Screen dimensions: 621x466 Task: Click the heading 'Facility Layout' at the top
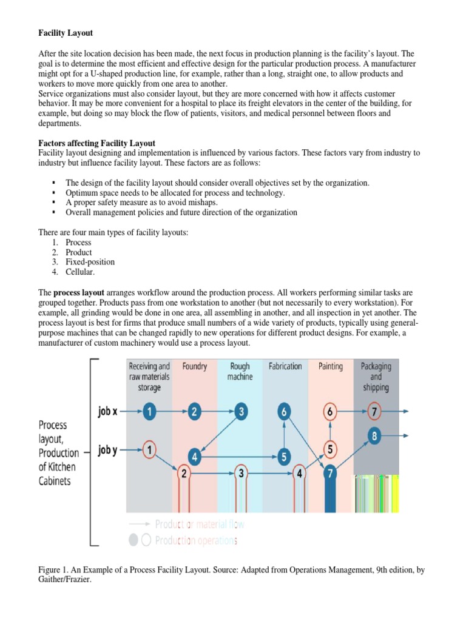coord(66,33)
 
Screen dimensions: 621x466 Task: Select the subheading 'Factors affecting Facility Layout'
coord(96,143)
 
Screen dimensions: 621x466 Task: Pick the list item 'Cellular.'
coord(80,272)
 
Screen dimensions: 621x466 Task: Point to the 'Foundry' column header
coord(195,366)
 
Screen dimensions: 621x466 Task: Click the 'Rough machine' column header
coord(240,371)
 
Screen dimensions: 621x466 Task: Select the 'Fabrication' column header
coord(285,366)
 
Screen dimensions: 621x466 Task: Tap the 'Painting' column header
coord(330,366)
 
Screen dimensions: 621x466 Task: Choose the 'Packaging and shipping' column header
coord(376,376)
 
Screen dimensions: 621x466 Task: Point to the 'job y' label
coord(107,449)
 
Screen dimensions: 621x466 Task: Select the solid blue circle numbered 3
coord(241,412)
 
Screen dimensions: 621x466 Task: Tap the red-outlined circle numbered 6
coord(329,412)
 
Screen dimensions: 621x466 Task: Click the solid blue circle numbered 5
coord(284,457)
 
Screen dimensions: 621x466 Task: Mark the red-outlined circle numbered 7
coord(375,412)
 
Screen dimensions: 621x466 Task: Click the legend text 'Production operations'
coord(196,540)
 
